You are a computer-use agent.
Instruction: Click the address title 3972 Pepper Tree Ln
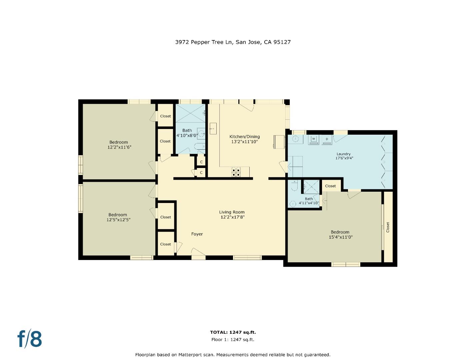[233, 42]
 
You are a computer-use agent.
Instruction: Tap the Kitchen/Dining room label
[244, 137]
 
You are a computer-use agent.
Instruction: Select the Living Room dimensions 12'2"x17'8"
[233, 217]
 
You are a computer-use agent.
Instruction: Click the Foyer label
[197, 234]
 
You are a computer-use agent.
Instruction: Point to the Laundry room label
[344, 154]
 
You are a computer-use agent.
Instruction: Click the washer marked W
[313, 139]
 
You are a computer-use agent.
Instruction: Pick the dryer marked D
[327, 139]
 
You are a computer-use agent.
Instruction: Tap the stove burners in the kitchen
[236, 172]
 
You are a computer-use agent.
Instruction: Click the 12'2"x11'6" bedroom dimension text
[119, 147]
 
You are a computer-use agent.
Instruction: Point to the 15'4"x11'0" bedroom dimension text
[341, 237]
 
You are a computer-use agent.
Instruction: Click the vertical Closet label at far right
[388, 227]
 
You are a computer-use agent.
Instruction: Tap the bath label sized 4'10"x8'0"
[187, 133]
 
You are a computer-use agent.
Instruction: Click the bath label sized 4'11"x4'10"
[309, 201]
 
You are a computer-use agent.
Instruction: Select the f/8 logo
[30, 339]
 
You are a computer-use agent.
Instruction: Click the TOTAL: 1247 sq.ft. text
[233, 332]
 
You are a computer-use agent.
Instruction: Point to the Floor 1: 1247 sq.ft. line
[233, 340]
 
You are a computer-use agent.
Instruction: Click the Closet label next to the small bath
[330, 186]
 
